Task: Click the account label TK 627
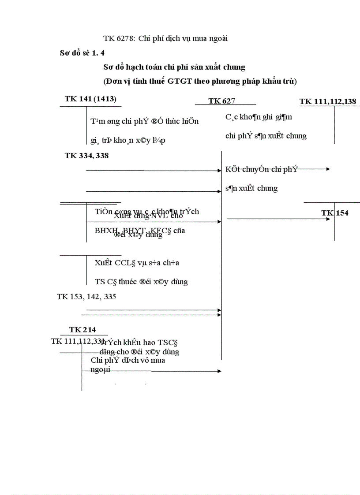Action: click(221, 101)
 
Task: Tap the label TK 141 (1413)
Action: click(90, 99)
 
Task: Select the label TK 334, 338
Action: click(86, 156)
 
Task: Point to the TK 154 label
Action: click(335, 213)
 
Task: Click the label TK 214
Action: click(82, 330)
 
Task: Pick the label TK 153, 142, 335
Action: click(86, 297)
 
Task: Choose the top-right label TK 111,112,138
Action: click(328, 102)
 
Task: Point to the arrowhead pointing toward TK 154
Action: click(328, 219)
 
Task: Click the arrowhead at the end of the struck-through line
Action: click(328, 169)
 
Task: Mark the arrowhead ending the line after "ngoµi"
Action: click(219, 371)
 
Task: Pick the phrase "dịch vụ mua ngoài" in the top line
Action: click(200, 38)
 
